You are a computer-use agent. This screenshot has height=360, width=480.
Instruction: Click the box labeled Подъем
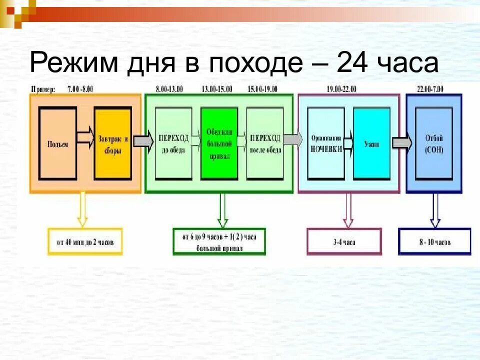click(x=58, y=143)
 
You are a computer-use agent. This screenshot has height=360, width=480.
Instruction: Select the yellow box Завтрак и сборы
click(x=112, y=143)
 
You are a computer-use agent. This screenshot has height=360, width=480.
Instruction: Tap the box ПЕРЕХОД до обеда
click(x=173, y=143)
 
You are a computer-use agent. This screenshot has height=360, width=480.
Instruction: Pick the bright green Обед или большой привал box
click(x=219, y=143)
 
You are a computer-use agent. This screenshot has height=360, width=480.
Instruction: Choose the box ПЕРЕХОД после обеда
click(x=265, y=143)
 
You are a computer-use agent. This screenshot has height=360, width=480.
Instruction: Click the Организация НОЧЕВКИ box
click(x=326, y=143)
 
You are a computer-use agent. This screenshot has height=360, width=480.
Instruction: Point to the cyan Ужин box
click(x=371, y=143)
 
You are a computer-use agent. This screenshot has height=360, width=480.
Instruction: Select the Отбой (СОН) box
click(x=434, y=143)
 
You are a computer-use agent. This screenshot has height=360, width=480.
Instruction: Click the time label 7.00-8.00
click(x=80, y=89)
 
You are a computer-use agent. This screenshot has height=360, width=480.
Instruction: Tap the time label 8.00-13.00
click(x=169, y=89)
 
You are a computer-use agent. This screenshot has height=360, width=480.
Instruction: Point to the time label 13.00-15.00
click(x=217, y=89)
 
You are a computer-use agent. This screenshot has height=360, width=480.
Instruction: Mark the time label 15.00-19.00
click(x=263, y=89)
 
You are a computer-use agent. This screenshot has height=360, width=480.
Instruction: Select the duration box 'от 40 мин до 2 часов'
click(x=85, y=242)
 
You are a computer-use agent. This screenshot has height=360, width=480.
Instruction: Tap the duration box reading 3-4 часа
click(x=344, y=242)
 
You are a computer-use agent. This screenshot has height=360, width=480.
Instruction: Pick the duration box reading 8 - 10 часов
click(x=434, y=242)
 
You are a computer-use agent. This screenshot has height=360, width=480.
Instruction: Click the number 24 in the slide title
click(x=358, y=63)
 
